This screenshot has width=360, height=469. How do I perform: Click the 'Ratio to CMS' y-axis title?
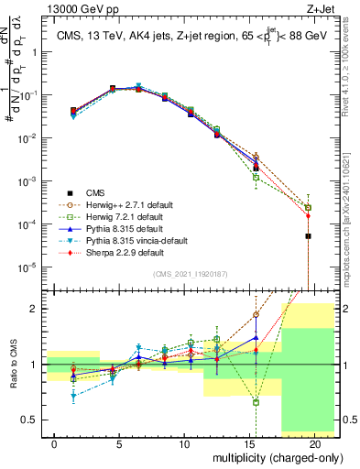(x=12, y=365)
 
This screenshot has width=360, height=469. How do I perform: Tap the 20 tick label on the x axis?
(x=315, y=444)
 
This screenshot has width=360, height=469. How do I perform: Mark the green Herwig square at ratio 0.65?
(x=256, y=402)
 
